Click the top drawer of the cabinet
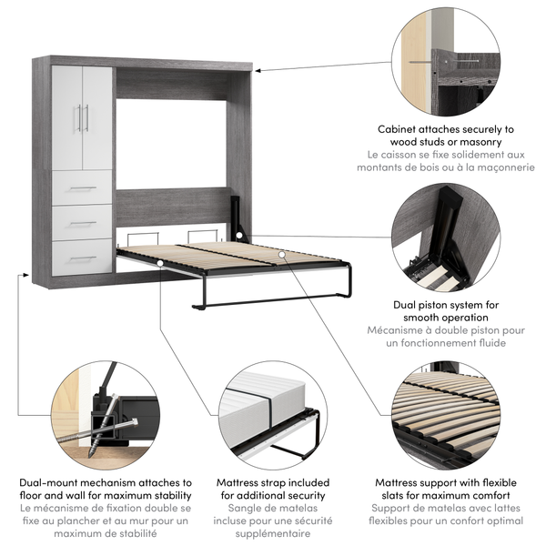82,188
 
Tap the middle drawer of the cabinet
82,222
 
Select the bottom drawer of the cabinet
82,257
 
